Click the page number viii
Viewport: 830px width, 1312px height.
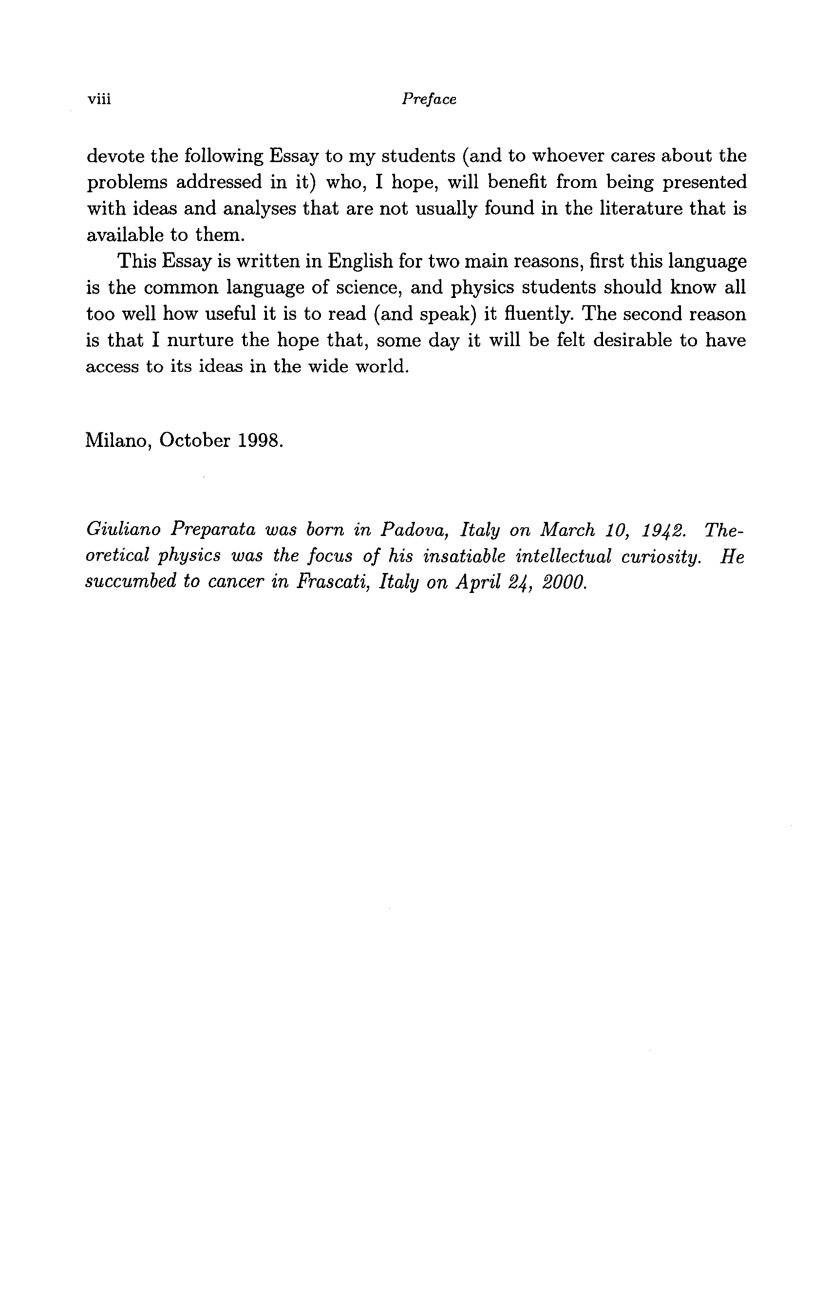pos(99,99)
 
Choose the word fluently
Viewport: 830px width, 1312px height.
pos(531,314)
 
